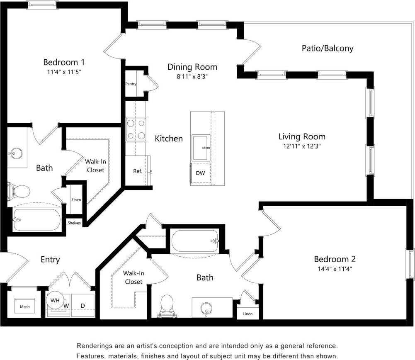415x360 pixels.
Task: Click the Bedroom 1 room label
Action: point(64,62)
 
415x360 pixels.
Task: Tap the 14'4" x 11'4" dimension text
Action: point(335,268)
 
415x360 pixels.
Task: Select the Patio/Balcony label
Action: point(327,48)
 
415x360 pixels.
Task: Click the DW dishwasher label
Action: point(200,173)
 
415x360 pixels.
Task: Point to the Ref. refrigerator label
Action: point(138,171)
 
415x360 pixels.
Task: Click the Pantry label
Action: point(131,84)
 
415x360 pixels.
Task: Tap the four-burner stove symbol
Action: point(136,129)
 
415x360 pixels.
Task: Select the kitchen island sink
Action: point(201,147)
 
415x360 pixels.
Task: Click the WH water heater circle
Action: point(55,300)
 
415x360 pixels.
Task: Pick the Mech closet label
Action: point(25,307)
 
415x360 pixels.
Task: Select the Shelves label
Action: point(74,223)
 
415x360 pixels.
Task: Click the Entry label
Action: point(50,260)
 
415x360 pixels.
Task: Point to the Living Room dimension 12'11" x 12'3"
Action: point(301,146)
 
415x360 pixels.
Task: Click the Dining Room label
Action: point(192,67)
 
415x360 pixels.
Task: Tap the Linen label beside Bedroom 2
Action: point(248,314)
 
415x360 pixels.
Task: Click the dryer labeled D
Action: point(83,306)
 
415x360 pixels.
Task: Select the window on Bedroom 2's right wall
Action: point(410,264)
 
